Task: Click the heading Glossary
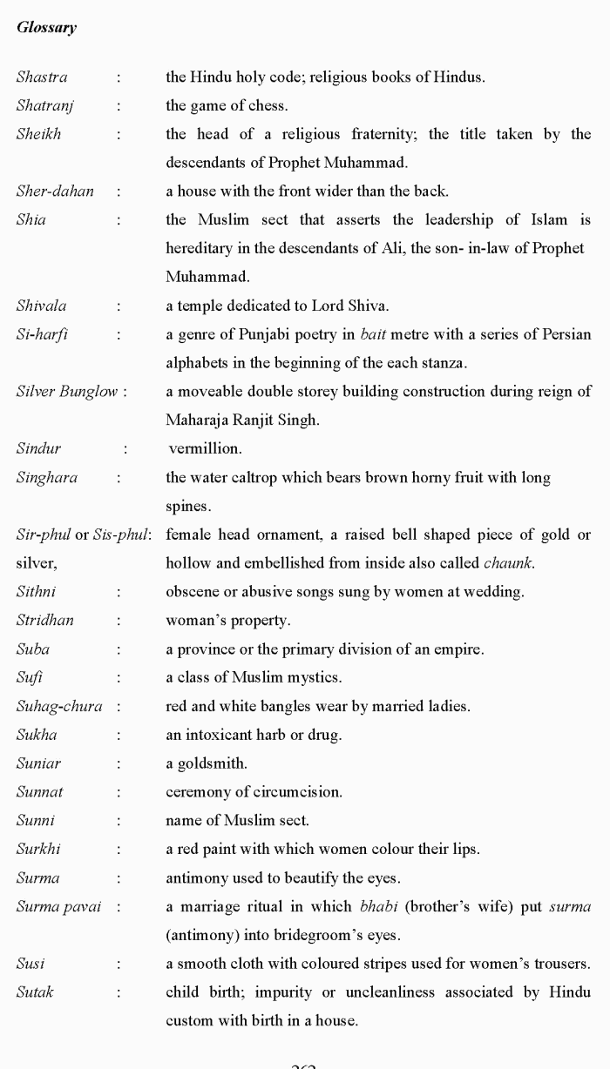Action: pos(46,28)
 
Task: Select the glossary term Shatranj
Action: pos(44,106)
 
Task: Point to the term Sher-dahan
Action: pos(55,192)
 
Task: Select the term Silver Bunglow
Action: pos(66,391)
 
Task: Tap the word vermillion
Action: pos(204,448)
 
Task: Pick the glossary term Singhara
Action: pos(46,477)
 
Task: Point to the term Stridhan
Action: pos(44,621)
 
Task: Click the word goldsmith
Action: pos(212,763)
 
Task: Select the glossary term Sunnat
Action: pos(39,792)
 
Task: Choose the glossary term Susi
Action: pos(30,964)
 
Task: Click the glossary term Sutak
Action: pos(35,992)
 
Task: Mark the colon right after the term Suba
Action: pos(118,649)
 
